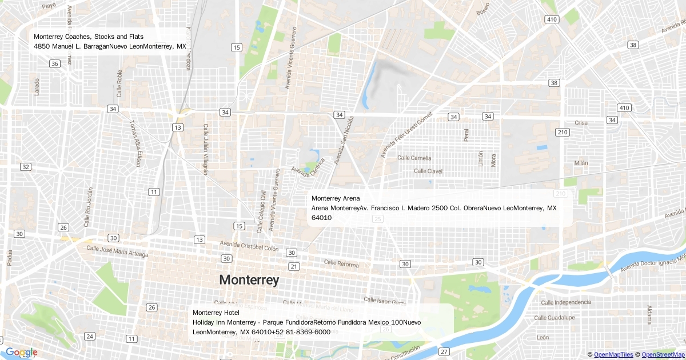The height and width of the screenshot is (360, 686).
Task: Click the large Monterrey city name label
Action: (x=249, y=280)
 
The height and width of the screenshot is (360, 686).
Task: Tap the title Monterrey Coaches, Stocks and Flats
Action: (x=89, y=37)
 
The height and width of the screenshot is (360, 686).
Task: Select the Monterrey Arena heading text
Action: (x=336, y=198)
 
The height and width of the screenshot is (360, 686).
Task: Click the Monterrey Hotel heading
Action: (x=212, y=313)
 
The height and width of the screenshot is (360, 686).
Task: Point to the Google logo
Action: (x=21, y=352)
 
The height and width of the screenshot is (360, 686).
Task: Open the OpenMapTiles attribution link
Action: (x=613, y=355)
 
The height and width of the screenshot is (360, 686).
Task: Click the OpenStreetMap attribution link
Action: (x=663, y=355)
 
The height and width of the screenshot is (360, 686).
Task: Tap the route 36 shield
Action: (x=55, y=63)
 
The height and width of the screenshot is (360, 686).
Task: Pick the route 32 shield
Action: (x=26, y=167)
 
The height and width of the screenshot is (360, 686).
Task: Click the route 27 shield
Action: (x=444, y=351)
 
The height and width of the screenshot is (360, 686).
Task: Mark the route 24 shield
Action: (x=90, y=336)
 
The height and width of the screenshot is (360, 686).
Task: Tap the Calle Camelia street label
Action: (x=414, y=158)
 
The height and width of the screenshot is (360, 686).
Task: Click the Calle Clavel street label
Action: (x=428, y=171)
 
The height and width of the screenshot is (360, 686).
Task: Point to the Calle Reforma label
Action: (x=341, y=263)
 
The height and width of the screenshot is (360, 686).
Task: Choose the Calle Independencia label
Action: (x=563, y=302)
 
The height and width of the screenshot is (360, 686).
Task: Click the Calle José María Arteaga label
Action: (x=117, y=251)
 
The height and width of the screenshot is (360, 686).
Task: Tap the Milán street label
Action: (x=581, y=163)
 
